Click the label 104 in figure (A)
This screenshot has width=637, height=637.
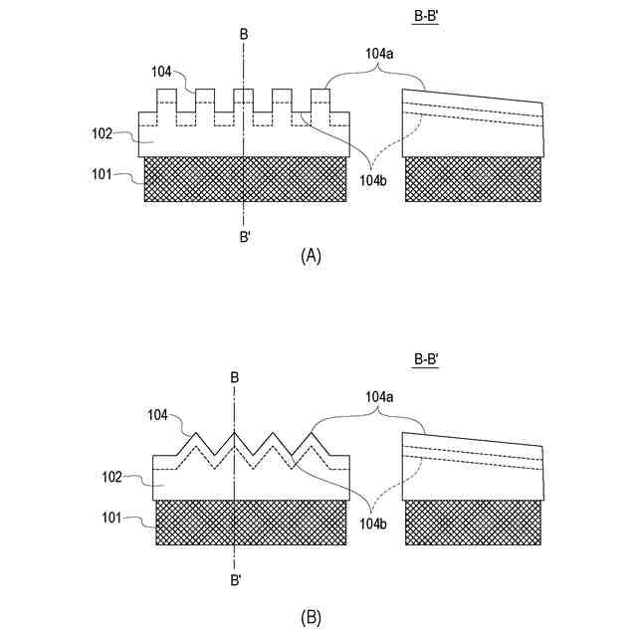(x=162, y=71)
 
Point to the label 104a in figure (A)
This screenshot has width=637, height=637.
(x=378, y=56)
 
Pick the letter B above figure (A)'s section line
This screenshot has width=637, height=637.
(x=244, y=35)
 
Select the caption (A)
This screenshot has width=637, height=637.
(x=311, y=256)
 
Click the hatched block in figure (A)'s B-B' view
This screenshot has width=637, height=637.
(x=473, y=180)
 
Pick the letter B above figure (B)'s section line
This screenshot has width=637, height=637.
(x=235, y=377)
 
